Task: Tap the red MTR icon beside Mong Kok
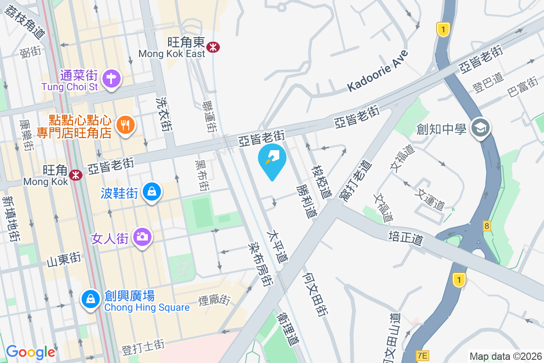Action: tap(76, 174)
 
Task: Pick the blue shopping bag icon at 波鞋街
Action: tap(150, 192)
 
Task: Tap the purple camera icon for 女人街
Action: tap(142, 236)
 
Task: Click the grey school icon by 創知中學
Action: tap(480, 128)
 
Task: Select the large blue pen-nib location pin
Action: tap(272, 158)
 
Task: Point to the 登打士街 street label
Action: tap(143, 348)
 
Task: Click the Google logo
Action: tap(30, 352)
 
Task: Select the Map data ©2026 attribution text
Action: tap(505, 356)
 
